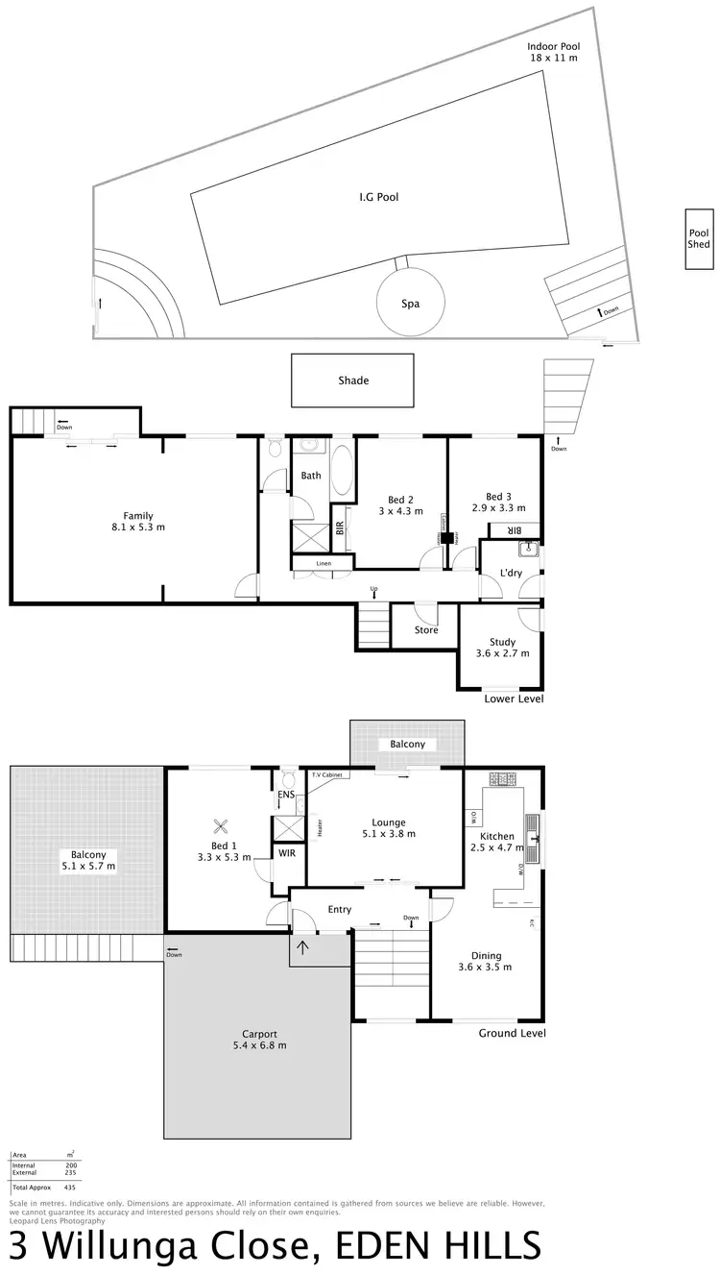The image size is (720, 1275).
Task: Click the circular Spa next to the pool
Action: pos(411,303)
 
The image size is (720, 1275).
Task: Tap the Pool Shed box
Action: pos(699,238)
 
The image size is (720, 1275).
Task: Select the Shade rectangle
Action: pos(353,380)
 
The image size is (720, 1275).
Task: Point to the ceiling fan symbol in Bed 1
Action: pos(222,825)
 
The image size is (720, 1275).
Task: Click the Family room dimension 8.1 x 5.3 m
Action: pos(138,527)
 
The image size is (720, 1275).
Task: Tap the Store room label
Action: pos(426,630)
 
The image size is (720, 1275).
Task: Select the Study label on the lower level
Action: pos(502,642)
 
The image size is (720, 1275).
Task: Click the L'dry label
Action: pos(511,574)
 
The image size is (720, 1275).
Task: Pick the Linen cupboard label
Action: pos(311,563)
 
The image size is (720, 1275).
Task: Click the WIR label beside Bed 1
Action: pos(287,852)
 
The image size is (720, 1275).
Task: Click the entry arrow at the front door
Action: pos(303,949)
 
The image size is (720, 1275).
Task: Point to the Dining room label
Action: pos(486,956)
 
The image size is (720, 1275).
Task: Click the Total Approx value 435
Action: pos(69,1188)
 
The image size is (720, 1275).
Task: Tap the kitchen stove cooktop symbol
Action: pos(503,777)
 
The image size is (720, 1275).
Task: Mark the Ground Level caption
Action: pos(512,1033)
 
